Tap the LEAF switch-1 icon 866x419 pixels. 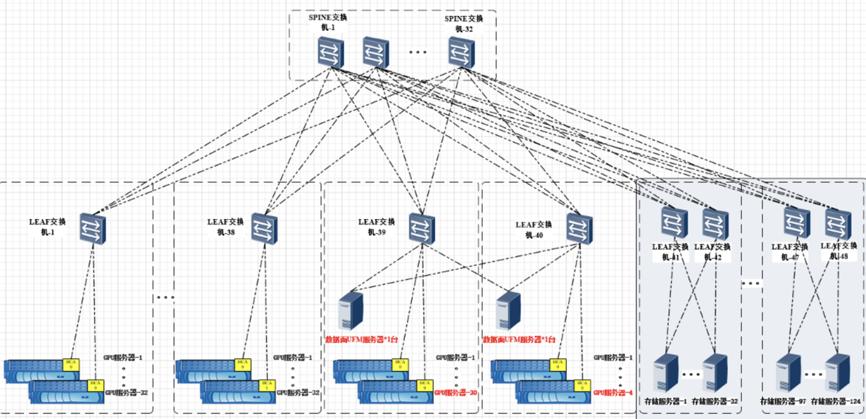click(x=93, y=228)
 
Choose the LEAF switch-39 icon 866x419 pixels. click(x=421, y=228)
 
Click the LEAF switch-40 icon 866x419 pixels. click(x=579, y=228)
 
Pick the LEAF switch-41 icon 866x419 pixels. click(x=673, y=222)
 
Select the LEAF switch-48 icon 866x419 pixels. click(x=838, y=222)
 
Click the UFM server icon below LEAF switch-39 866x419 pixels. click(x=351, y=310)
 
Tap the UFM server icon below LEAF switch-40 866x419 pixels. click(x=508, y=311)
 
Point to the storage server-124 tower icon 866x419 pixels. click(x=837, y=373)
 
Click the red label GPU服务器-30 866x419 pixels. click(x=456, y=392)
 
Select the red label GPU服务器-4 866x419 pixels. click(x=613, y=392)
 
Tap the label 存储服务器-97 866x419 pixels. click(x=784, y=401)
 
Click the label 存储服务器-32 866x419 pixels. click(x=716, y=401)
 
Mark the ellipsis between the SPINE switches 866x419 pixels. click(x=418, y=52)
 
